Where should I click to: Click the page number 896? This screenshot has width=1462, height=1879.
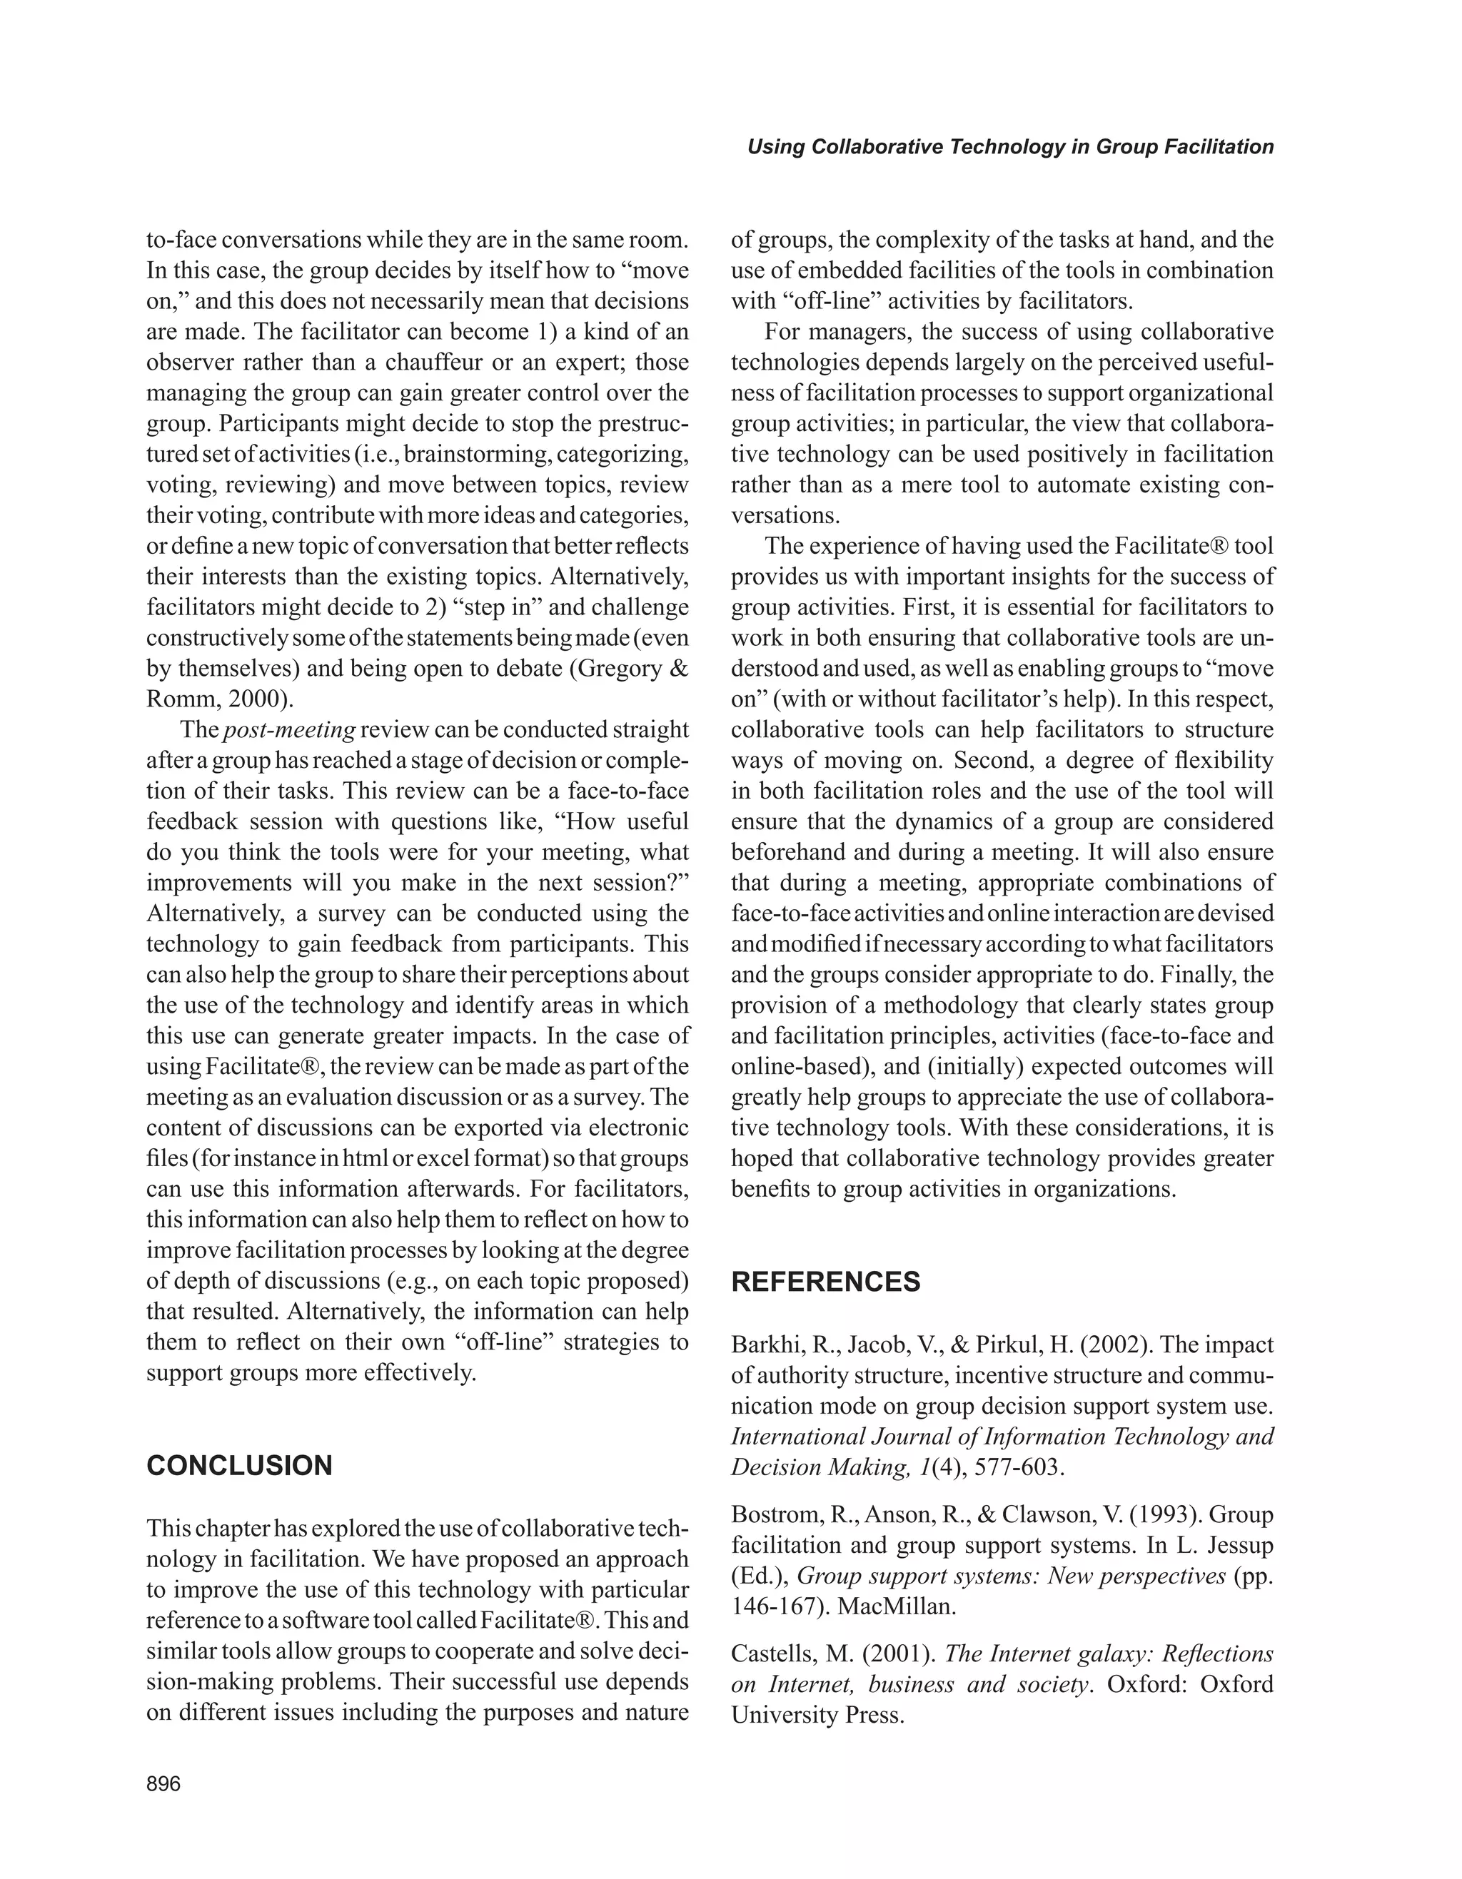tap(163, 1783)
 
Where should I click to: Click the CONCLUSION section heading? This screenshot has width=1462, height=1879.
tap(239, 1465)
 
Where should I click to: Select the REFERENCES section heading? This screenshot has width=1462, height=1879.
tap(825, 1282)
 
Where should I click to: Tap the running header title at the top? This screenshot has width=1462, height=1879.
tap(1010, 147)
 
